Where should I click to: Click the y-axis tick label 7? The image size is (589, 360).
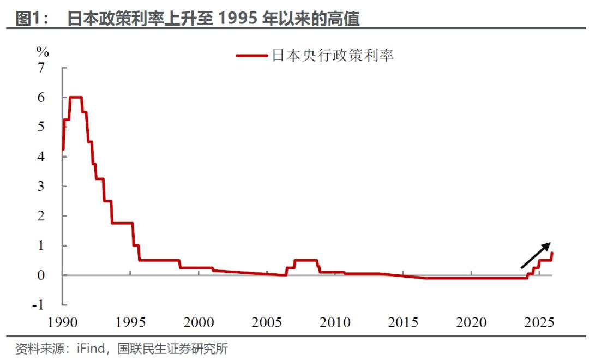click(41, 68)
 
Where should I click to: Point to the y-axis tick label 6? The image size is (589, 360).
click(41, 98)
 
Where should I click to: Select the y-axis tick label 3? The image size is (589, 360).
click(41, 187)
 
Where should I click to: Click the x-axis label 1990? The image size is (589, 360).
click(63, 323)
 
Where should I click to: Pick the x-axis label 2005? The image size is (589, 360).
click(267, 323)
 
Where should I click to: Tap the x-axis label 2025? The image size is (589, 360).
click(539, 323)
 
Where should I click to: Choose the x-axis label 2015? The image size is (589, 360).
click(404, 323)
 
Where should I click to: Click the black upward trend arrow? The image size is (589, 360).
click(536, 255)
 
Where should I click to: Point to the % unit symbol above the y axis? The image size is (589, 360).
click(43, 52)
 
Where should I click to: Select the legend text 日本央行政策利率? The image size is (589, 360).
click(333, 55)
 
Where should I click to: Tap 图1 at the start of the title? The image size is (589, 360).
click(28, 19)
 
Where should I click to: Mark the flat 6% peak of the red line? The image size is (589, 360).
click(76, 98)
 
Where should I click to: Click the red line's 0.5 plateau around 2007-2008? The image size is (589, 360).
click(305, 260)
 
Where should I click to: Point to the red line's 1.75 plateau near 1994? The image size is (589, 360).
click(122, 223)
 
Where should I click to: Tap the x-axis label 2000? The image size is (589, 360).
click(199, 323)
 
